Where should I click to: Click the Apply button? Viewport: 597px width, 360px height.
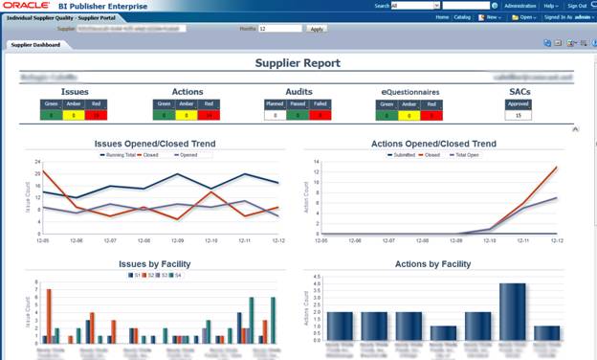318,29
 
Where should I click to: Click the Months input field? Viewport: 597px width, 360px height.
277,29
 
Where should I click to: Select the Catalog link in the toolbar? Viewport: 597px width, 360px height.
463,17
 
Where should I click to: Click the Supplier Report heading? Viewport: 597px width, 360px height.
298,63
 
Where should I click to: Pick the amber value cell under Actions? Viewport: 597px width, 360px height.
186,115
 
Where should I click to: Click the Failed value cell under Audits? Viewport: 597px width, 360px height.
320,115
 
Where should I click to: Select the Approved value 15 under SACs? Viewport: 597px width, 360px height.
518,115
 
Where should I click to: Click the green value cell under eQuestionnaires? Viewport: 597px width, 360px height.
387,115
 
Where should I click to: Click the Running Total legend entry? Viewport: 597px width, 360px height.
117,153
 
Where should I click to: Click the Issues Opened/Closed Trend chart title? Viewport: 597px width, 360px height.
154,144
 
